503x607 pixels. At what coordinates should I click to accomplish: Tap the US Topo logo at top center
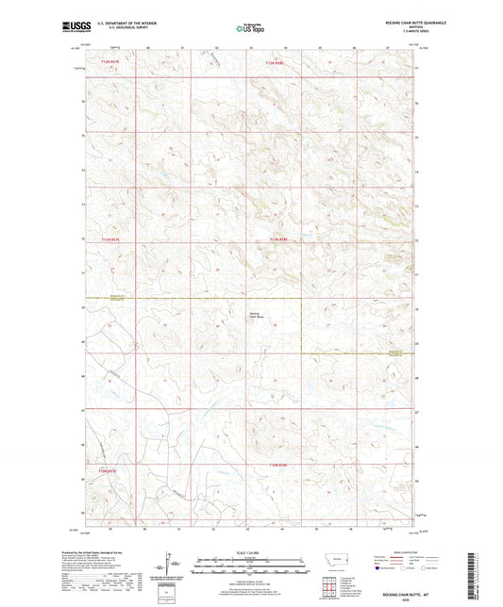[250, 28]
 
